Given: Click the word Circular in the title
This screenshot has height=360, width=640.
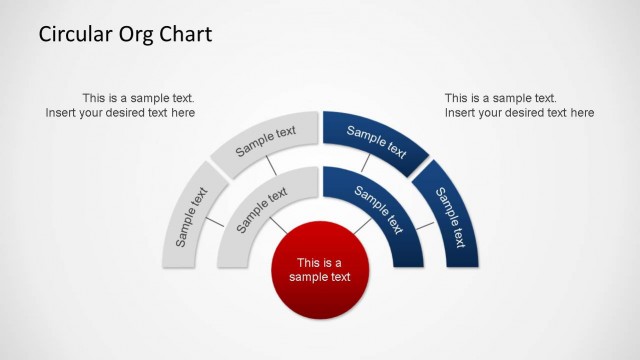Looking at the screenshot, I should pyautogui.click(x=73, y=35).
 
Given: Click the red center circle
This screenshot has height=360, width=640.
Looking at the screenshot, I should pyautogui.click(x=320, y=269).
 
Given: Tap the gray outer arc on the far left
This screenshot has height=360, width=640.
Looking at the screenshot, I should pyautogui.click(x=191, y=218).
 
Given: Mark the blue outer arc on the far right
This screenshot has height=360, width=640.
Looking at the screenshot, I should pyautogui.click(x=448, y=218).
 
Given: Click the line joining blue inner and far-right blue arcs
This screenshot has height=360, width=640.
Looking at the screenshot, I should pyautogui.click(x=424, y=226).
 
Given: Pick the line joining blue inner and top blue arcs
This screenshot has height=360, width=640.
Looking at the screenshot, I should pyautogui.click(x=367, y=163).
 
